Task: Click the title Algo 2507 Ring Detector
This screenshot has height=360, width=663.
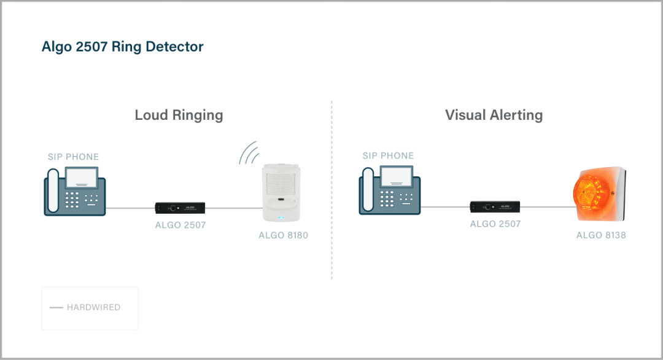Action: tap(122, 47)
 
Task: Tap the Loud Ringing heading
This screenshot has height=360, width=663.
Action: tap(179, 115)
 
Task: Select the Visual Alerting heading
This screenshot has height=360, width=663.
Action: tap(494, 115)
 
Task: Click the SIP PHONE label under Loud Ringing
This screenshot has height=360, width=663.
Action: tap(73, 157)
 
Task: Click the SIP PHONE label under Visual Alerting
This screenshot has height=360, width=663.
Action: tap(388, 156)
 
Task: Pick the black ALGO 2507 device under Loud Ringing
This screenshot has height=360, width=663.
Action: tap(179, 208)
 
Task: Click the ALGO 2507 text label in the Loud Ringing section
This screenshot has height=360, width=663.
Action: tap(180, 225)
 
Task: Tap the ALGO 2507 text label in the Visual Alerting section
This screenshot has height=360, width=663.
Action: tap(495, 224)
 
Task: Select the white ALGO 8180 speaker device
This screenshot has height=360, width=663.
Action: tap(282, 192)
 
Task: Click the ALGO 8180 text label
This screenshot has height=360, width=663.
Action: tap(283, 235)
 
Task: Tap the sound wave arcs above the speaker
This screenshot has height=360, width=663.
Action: tap(249, 154)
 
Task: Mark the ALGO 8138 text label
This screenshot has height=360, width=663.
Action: tap(600, 235)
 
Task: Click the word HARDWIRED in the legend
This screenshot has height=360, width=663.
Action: tap(93, 307)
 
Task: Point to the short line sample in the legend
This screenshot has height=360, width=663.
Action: tap(56, 307)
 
